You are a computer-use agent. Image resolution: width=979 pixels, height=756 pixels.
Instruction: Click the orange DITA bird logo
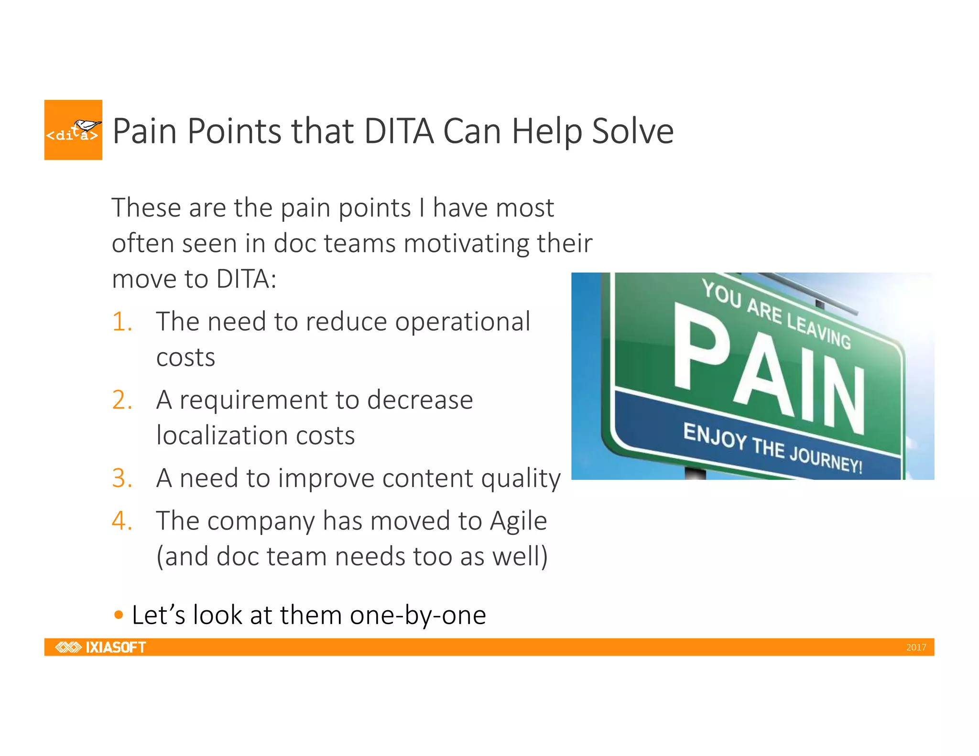73,130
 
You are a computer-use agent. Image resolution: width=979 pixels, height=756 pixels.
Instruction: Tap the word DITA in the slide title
399,131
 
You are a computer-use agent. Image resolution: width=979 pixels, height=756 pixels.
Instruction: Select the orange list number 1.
122,322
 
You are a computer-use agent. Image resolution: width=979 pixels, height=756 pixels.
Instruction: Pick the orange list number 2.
122,400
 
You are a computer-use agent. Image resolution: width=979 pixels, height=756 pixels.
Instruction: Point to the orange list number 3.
122,478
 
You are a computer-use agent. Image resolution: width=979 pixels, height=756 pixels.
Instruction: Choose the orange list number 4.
122,520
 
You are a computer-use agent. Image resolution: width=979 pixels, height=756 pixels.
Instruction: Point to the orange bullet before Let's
119,615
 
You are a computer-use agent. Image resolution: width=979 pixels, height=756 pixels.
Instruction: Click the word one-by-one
418,616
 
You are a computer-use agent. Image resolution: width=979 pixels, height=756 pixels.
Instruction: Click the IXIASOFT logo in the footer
101,647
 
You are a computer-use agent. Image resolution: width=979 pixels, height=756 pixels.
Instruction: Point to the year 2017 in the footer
915,648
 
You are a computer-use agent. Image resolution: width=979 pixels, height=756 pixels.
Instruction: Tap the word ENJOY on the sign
714,435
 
